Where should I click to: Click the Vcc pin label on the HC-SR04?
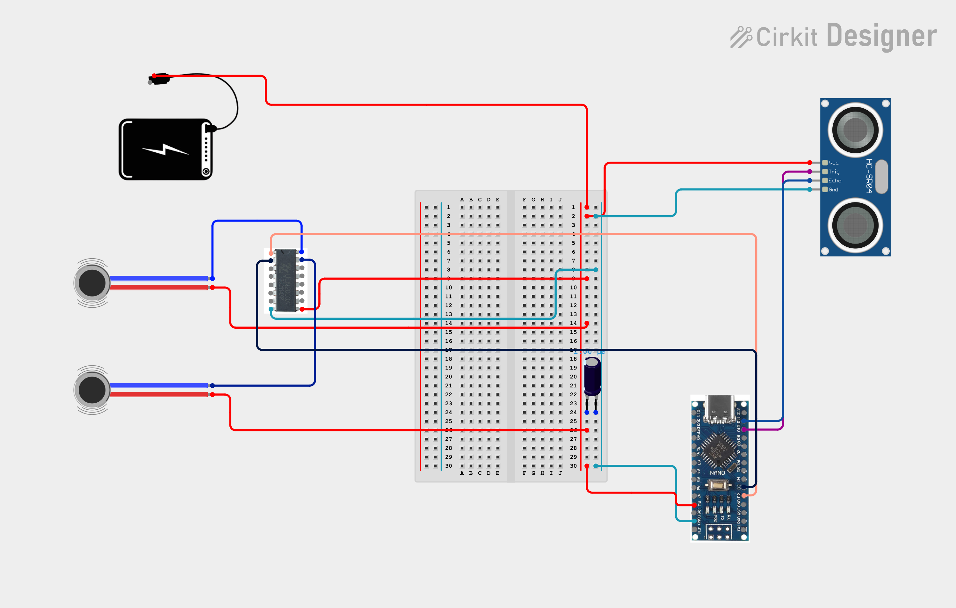click(833, 163)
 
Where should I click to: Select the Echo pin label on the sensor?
click(835, 181)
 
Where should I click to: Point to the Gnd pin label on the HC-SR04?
click(833, 190)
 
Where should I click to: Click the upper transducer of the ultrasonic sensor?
click(855, 129)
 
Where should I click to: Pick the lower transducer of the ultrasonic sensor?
click(855, 225)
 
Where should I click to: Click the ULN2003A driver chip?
click(286, 280)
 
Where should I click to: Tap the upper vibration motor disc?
click(92, 283)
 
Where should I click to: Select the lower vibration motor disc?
click(92, 390)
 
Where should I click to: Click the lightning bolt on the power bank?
click(165, 150)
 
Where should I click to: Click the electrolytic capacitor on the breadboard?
click(592, 376)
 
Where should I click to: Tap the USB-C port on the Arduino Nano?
click(719, 409)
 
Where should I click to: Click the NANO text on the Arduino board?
click(717, 472)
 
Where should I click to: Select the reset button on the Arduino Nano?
click(719, 485)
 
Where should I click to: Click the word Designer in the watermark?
click(882, 37)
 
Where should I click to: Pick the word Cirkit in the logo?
click(786, 37)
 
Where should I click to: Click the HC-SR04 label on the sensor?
click(869, 176)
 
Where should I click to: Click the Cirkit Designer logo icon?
click(741, 37)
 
